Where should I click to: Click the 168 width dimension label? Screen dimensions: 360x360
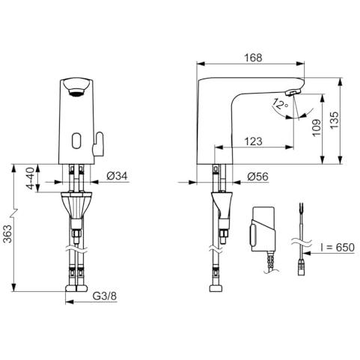pyautogui.click(x=253, y=58)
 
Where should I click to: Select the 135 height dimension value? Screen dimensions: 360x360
pyautogui.click(x=335, y=120)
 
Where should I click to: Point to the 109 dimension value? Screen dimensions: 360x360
pyautogui.click(x=317, y=128)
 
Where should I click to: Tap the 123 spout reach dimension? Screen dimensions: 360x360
pyautogui.click(x=253, y=141)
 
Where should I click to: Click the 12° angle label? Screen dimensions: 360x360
pyautogui.click(x=281, y=104)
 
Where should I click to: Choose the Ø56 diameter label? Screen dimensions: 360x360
pyautogui.click(x=257, y=177)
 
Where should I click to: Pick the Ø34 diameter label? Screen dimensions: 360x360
pyautogui.click(x=117, y=176)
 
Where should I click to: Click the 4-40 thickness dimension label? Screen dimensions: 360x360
pyautogui.click(x=31, y=178)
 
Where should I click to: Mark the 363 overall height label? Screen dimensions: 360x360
pyautogui.click(x=7, y=234)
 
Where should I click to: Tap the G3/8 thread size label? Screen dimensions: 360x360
pyautogui.click(x=105, y=296)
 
